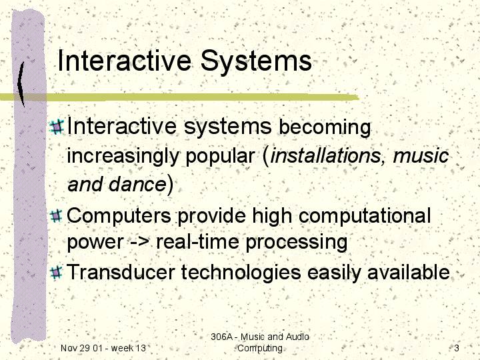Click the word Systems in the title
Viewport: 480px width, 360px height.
tap(256, 61)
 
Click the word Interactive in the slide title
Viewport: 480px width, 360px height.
tap(124, 60)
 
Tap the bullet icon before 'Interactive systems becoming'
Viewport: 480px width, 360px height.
tap(57, 127)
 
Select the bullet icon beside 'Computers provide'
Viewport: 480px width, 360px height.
tap(56, 216)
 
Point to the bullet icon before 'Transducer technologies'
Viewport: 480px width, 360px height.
tap(56, 273)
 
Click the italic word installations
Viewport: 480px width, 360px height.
tap(325, 155)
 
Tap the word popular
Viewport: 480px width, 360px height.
tap(221, 157)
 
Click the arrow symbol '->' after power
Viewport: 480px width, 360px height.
tap(140, 242)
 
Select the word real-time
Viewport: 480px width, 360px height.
tap(197, 241)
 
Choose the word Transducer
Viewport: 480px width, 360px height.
tap(121, 272)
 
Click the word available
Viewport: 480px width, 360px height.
tap(409, 272)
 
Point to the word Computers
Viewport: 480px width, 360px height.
tap(119, 215)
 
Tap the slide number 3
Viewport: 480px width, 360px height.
tap(457, 348)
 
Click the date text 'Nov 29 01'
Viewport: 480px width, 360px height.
tap(81, 348)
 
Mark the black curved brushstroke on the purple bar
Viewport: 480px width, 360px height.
tap(21, 84)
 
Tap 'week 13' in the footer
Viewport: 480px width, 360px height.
tap(129, 348)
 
